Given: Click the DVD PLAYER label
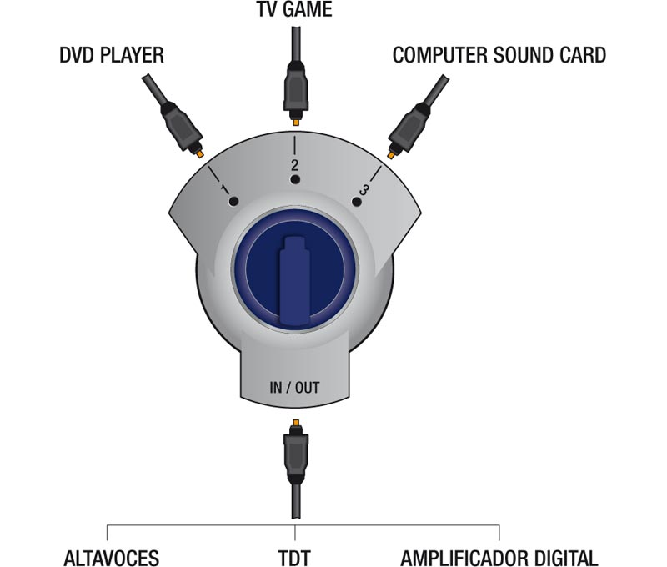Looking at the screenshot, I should [x=112, y=57].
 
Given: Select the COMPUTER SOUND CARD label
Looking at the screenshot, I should [x=499, y=57].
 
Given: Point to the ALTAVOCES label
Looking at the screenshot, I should [x=111, y=557].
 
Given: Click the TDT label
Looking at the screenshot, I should [x=296, y=557].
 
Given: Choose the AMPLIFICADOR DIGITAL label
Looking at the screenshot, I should [x=499, y=557].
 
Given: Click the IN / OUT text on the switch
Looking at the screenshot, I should [x=294, y=387].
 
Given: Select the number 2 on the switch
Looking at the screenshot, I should [x=294, y=164].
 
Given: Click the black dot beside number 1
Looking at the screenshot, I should [x=234, y=202].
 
